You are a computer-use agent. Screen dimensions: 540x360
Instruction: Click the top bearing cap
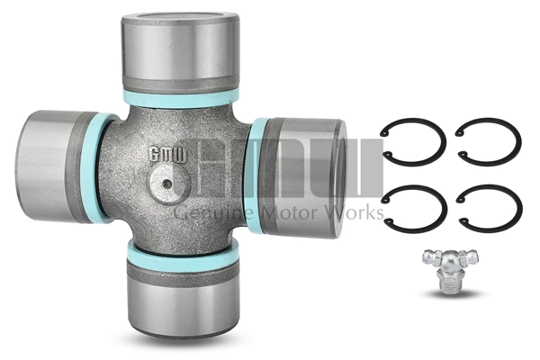click(x=181, y=52)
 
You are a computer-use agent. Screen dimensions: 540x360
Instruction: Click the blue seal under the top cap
click(x=181, y=98)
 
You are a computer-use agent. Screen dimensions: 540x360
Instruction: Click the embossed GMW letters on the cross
click(x=167, y=155)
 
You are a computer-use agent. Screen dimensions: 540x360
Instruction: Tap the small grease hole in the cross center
click(x=167, y=184)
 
